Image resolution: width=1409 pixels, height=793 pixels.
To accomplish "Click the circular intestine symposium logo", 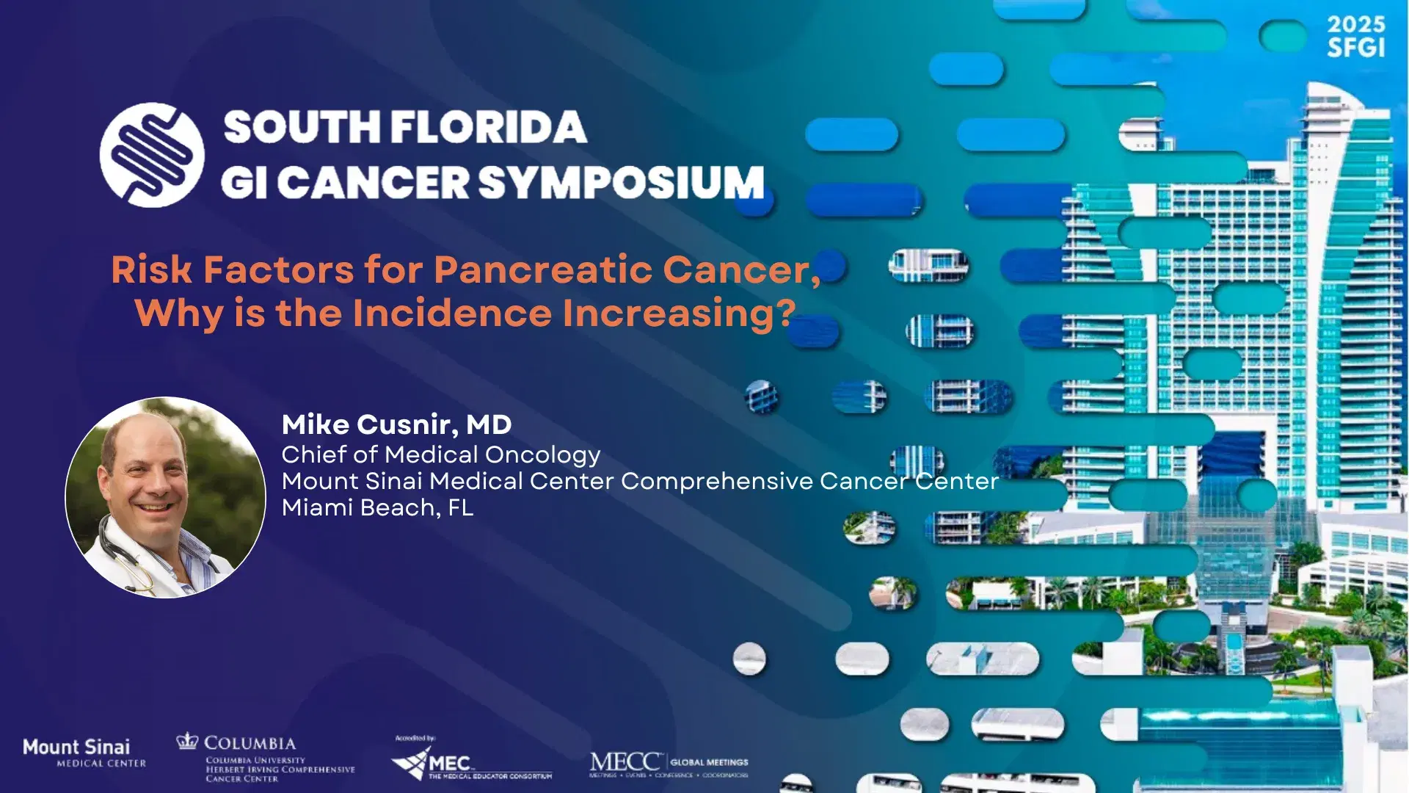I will tap(152, 154).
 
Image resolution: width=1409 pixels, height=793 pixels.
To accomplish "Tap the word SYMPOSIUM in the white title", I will tap(622, 182).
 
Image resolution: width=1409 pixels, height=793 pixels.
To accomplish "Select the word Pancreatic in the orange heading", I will tap(543, 269).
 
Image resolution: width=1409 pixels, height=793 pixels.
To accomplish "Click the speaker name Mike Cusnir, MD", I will tap(396, 424).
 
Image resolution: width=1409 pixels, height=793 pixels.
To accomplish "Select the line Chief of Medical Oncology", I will tap(440, 455).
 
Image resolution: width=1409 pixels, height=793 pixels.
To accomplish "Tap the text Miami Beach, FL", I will tap(377, 507).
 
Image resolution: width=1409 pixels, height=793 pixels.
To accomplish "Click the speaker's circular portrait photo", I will tap(165, 497).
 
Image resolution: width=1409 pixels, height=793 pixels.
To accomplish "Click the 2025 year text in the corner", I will tap(1355, 25).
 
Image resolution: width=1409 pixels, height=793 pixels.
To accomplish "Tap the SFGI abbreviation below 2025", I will tap(1355, 48).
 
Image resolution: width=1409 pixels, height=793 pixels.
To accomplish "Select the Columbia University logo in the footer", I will tap(264, 758).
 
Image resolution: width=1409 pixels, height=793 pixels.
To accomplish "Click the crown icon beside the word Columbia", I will tap(187, 741).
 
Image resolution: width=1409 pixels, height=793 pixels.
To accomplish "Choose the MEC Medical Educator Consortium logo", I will tap(471, 761).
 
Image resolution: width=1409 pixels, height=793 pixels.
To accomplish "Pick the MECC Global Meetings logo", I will tap(669, 764).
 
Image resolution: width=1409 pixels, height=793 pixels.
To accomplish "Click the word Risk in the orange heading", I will tap(150, 269).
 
